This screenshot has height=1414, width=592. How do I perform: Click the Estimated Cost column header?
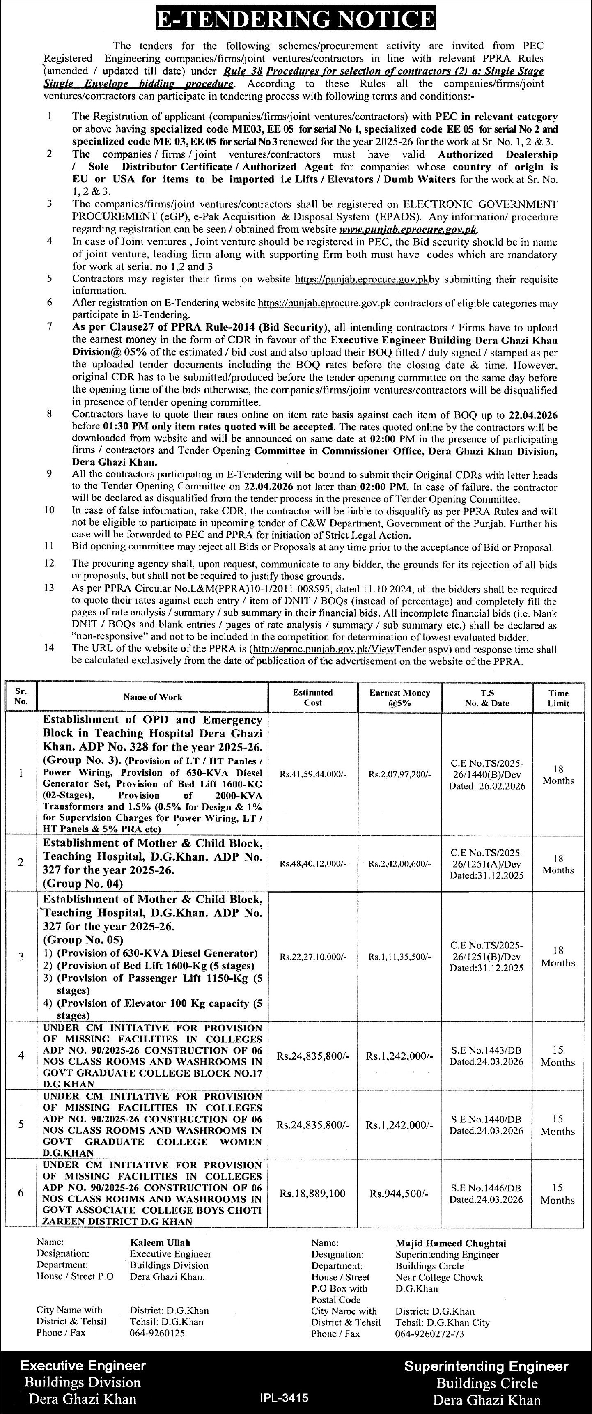pyautogui.click(x=313, y=697)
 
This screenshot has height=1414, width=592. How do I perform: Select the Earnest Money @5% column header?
pyautogui.click(x=399, y=697)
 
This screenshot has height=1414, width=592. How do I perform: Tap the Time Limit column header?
pyautogui.click(x=558, y=698)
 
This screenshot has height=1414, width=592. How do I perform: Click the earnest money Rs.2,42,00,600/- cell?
pyautogui.click(x=399, y=863)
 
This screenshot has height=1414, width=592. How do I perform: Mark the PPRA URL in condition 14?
pyautogui.click(x=351, y=649)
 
